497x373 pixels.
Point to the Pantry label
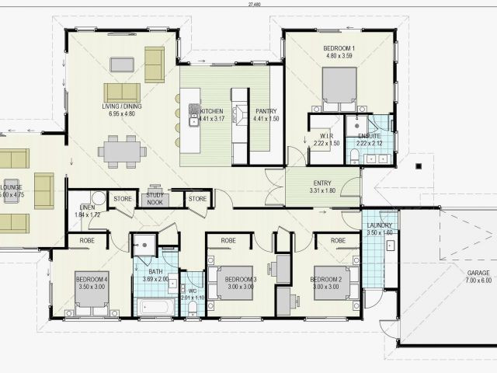(x=266, y=111)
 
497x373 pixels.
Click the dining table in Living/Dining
(x=122, y=151)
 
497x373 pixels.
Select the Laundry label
(x=380, y=225)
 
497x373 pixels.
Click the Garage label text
(x=478, y=274)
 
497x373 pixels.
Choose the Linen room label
(x=87, y=207)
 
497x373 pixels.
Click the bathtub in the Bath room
(x=155, y=306)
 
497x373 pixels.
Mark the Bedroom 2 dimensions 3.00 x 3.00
(x=327, y=287)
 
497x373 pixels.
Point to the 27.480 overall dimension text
(x=254, y=5)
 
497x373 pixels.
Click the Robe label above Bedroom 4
(x=87, y=241)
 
